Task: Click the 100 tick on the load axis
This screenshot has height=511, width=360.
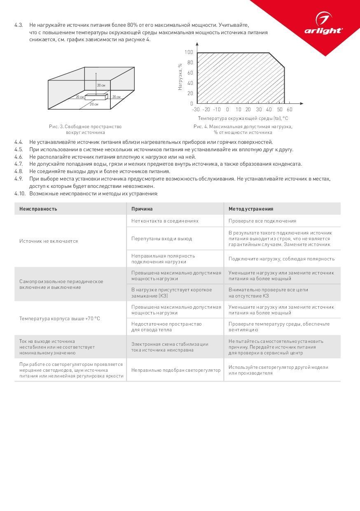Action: (x=189, y=52)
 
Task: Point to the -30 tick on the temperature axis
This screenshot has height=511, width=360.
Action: (x=196, y=110)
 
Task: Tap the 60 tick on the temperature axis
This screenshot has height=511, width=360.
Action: (x=289, y=110)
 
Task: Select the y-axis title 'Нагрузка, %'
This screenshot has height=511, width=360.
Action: (x=180, y=77)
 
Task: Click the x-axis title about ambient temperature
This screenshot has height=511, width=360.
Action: (x=243, y=118)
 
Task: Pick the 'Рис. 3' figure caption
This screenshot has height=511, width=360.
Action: (x=85, y=129)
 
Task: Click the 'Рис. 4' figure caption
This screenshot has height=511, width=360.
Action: (x=243, y=129)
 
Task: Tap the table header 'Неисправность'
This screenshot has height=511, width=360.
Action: (x=38, y=209)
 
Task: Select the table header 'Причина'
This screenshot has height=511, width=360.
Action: (x=142, y=209)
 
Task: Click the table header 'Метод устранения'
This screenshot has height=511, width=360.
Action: (x=251, y=209)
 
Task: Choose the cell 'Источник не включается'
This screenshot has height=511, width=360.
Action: (x=49, y=241)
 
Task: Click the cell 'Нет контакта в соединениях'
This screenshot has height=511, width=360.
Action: (x=165, y=221)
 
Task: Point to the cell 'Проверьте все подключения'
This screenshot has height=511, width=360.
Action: (x=262, y=221)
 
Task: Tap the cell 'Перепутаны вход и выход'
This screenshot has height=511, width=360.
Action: (x=161, y=239)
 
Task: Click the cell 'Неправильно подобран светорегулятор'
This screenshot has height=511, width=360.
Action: (x=176, y=370)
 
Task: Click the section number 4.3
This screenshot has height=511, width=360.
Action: (x=19, y=25)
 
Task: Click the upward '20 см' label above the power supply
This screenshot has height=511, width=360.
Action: (x=101, y=85)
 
